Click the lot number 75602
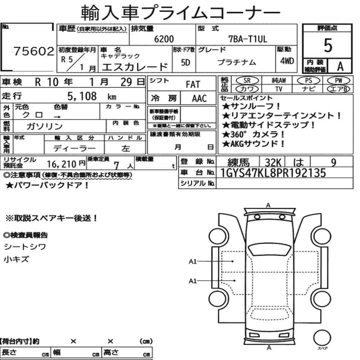34,51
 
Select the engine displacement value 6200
164,39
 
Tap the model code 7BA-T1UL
248,39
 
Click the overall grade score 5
328,45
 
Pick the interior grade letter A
340,67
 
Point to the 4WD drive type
287,61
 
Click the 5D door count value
185,62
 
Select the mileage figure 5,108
82,96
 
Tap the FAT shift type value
193,84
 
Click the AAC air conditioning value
199,98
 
